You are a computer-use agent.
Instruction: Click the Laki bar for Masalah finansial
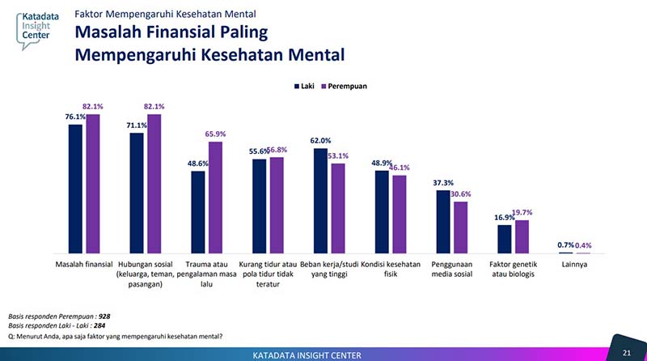[x=75, y=189]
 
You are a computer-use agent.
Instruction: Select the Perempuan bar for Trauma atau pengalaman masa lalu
[x=215, y=197]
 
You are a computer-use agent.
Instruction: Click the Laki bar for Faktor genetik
[x=505, y=239]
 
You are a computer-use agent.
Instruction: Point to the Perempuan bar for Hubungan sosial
[x=154, y=184]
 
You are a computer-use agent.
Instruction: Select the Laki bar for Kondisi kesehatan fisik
[x=382, y=211]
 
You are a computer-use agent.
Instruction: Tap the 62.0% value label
[x=320, y=141]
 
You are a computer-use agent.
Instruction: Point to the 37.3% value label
[x=442, y=182]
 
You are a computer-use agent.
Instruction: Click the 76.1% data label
[x=74, y=117]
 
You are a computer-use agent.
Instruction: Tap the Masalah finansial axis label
[x=83, y=265]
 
